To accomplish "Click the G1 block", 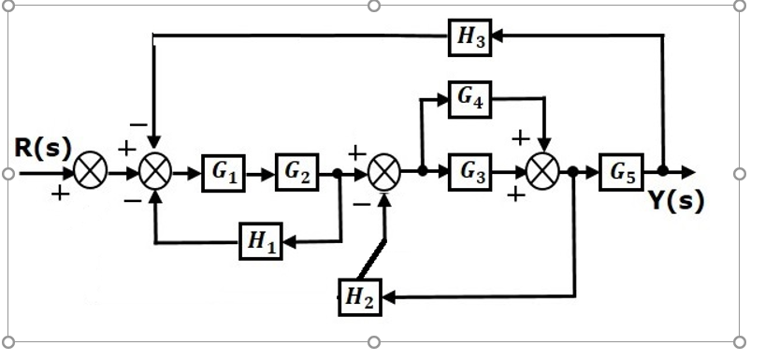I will (x=224, y=173).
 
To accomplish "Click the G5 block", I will (x=622, y=173).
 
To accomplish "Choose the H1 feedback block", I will (x=262, y=242).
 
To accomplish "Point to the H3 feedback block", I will (x=469, y=36).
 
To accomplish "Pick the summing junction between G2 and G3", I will (x=384, y=173).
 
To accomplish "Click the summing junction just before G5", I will (x=542, y=173).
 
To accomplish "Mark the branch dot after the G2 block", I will (x=338, y=173).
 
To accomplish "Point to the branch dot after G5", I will (x=662, y=172).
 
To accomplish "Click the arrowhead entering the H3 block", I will (x=498, y=36).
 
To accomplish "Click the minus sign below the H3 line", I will (x=137, y=123).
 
